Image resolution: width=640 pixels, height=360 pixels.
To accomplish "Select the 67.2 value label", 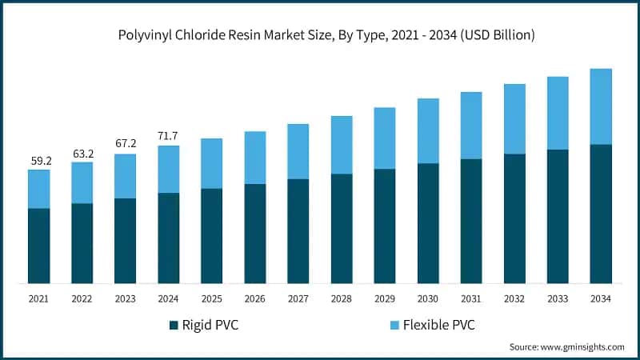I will click(126, 143).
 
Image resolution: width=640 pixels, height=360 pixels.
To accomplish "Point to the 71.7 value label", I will click(169, 135).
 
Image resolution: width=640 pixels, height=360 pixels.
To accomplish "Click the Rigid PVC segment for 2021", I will click(38, 246).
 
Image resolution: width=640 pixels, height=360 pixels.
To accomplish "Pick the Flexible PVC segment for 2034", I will click(601, 106).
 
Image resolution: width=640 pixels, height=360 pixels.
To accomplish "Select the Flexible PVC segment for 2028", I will click(342, 145).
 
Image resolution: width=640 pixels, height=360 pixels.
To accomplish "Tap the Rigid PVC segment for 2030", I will click(428, 223).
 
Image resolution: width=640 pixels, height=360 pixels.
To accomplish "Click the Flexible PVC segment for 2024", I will click(169, 169).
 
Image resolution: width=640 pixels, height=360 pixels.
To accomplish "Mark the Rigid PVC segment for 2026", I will click(255, 234).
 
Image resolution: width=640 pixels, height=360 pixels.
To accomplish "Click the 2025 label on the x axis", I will click(212, 298).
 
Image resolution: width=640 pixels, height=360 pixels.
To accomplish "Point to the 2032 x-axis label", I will click(514, 298).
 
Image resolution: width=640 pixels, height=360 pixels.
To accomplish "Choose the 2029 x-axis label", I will click(385, 298).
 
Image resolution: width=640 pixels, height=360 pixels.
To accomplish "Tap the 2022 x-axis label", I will click(82, 298).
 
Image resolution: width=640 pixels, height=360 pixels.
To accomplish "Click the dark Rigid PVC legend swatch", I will click(174, 325).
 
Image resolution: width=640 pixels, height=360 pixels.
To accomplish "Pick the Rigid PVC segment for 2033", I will click(558, 216).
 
